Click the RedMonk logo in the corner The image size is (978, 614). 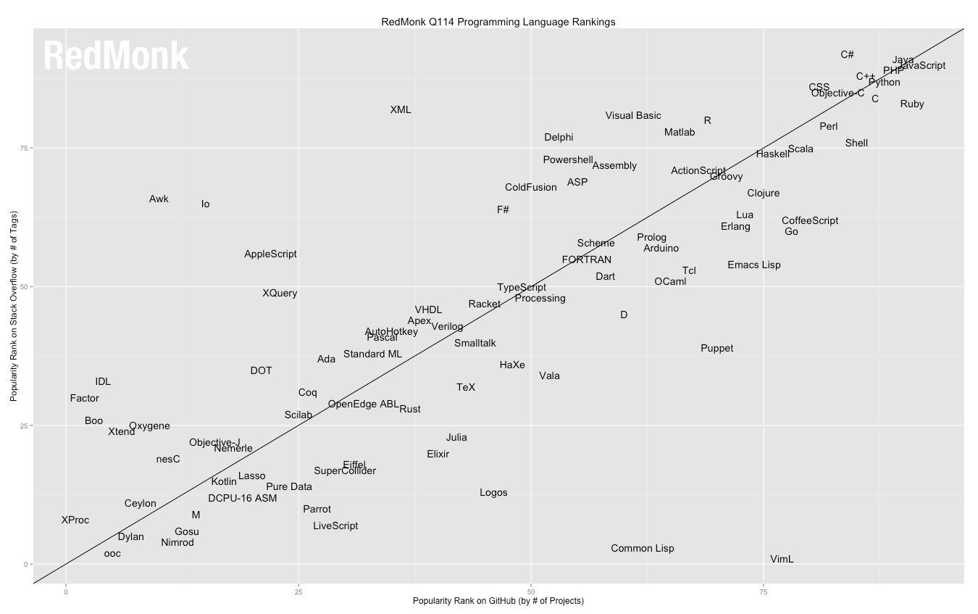(x=116, y=56)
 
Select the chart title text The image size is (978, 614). (x=498, y=22)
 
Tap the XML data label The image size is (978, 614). (x=401, y=110)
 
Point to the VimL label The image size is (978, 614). (x=782, y=560)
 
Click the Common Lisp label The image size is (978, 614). (x=642, y=549)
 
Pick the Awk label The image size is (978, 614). (x=159, y=199)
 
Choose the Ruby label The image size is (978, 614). (x=912, y=104)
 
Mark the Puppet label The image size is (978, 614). (x=716, y=349)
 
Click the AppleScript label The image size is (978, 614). (x=270, y=254)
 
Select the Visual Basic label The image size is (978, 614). (x=633, y=116)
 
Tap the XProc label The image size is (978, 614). (x=75, y=520)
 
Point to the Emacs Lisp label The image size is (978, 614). (x=754, y=265)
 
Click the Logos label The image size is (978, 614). (x=493, y=493)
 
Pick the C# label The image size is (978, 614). (x=847, y=55)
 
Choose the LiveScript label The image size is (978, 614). (x=335, y=526)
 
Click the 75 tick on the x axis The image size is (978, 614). (x=764, y=592)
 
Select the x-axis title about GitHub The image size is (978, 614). (x=498, y=602)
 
